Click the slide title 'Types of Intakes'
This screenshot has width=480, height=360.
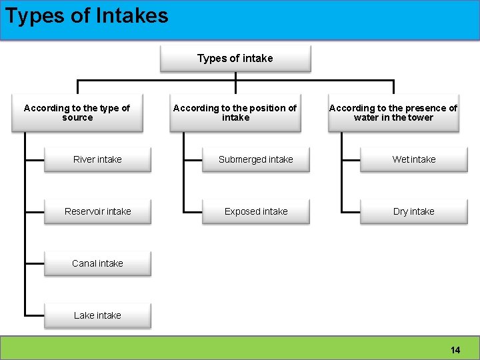[87, 15]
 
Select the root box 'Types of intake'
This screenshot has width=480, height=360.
[235, 59]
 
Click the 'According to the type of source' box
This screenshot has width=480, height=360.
[77, 113]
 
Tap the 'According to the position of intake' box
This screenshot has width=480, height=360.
[235, 113]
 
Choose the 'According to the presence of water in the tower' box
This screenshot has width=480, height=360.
[393, 113]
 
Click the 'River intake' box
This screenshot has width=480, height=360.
[97, 159]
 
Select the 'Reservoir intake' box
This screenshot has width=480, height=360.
[97, 211]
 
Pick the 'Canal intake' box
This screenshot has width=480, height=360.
[97, 263]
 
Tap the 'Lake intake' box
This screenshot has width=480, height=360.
[97, 315]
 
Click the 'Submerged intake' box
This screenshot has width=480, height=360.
[256, 159]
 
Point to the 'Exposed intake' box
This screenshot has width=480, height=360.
[256, 211]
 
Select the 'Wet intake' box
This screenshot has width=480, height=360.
[414, 159]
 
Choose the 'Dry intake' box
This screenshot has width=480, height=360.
[414, 211]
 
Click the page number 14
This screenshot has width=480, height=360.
[455, 350]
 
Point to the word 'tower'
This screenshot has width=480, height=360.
[420, 118]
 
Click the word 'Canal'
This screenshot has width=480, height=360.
[84, 263]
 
